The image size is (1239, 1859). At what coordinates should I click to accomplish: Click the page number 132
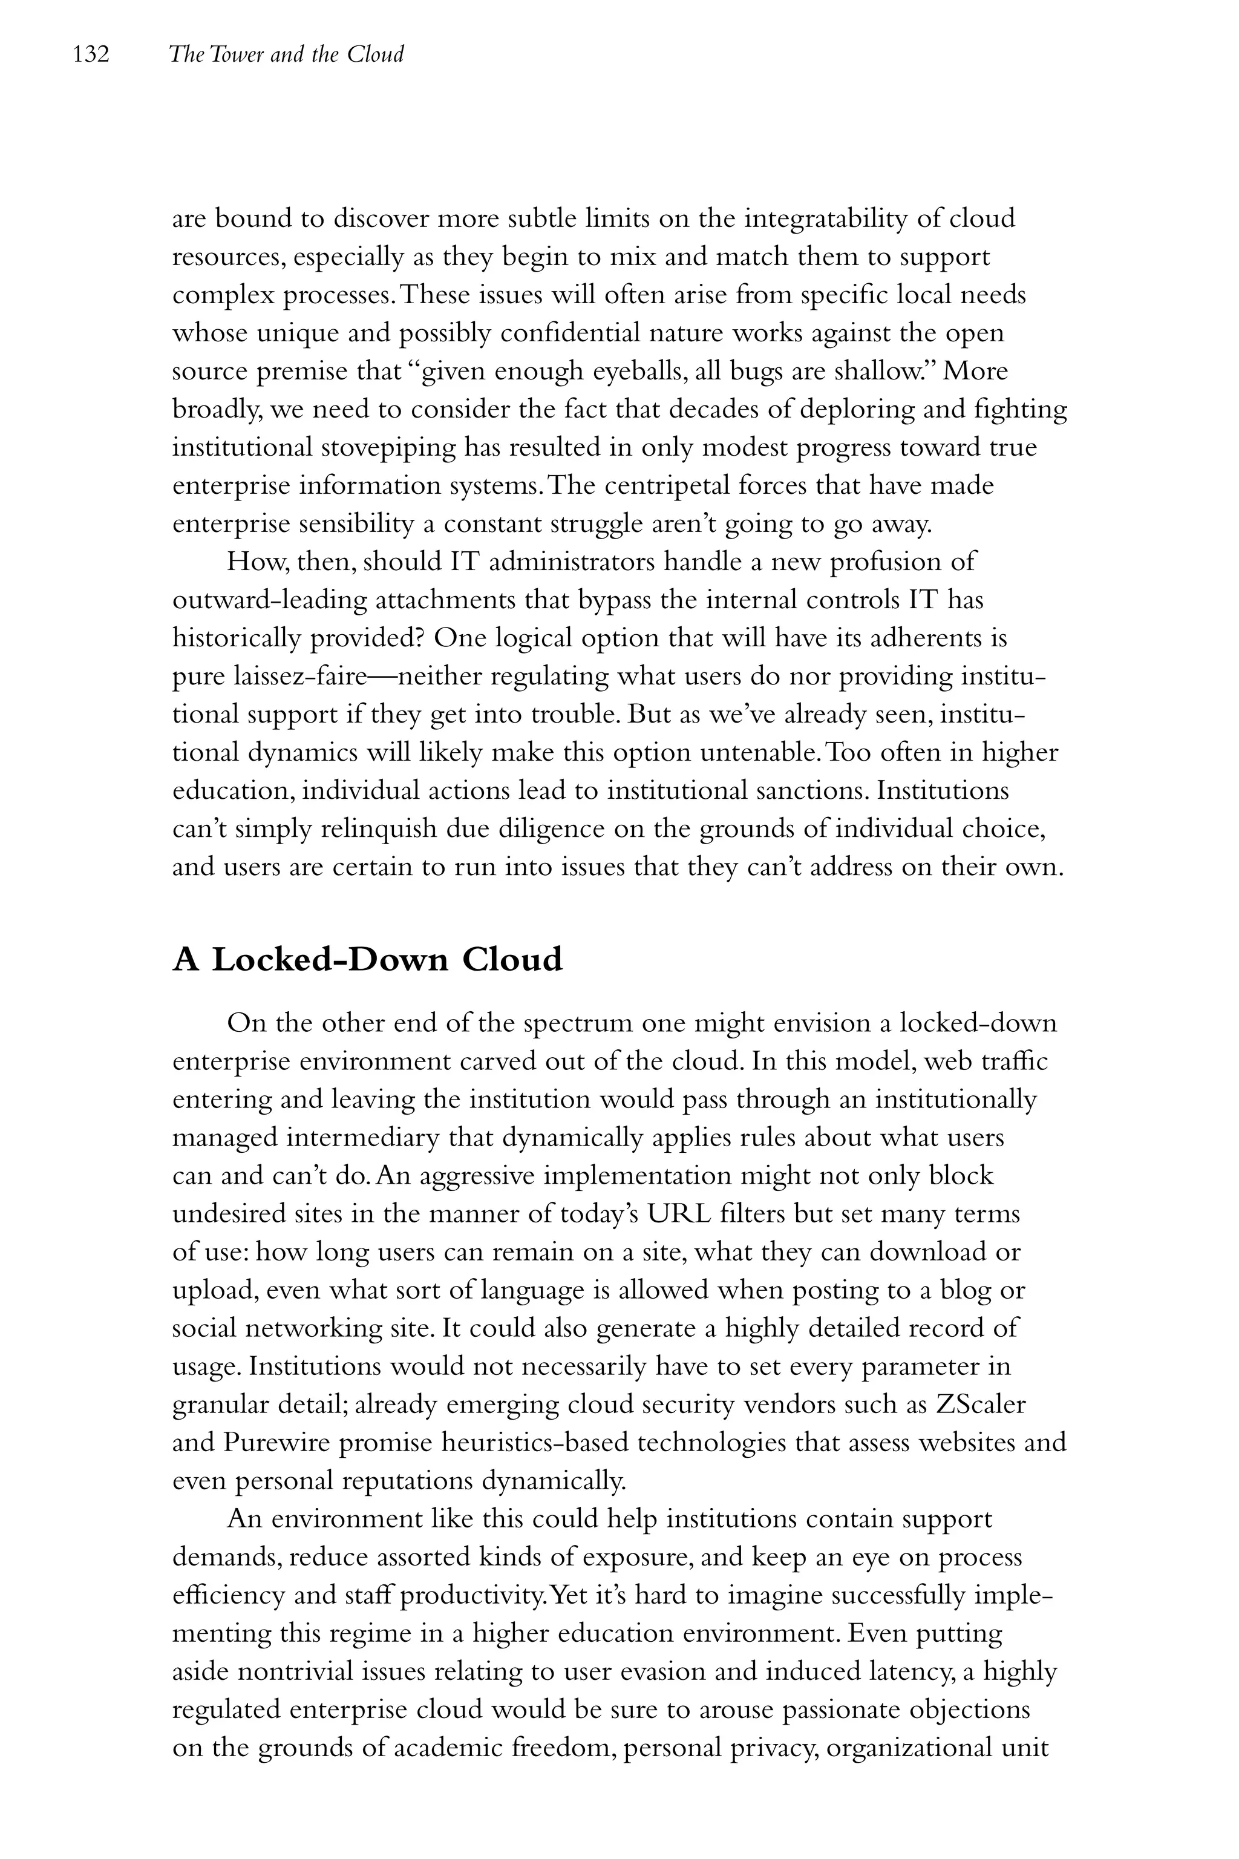(x=90, y=54)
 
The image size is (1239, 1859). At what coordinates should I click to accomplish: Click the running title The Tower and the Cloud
(x=286, y=54)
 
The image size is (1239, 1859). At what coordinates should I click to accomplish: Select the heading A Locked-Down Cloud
(x=367, y=960)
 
